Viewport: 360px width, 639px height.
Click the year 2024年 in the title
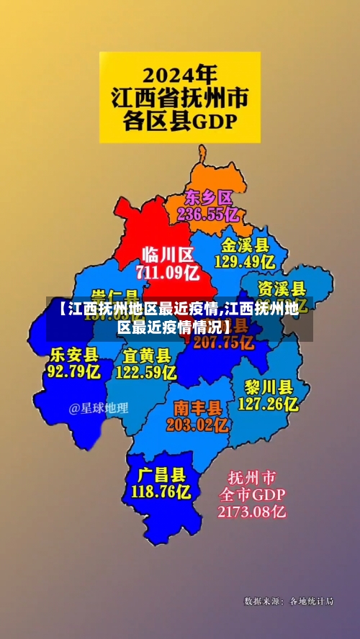click(179, 73)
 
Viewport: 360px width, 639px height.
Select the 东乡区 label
click(209, 196)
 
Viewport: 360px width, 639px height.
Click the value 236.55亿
click(208, 214)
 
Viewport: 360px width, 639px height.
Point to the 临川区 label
click(168, 254)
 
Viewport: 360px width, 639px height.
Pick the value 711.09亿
click(168, 272)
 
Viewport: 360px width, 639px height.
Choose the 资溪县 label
click(282, 289)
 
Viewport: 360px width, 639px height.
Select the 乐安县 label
click(73, 354)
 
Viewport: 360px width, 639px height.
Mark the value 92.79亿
click(73, 371)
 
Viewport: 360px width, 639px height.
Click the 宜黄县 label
click(146, 355)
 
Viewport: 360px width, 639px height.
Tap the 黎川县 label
click(268, 386)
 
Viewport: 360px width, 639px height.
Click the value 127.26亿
click(268, 404)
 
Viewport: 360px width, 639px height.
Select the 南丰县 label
click(197, 407)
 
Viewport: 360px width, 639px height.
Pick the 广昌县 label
click(161, 474)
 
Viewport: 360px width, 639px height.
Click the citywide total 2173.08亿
click(252, 512)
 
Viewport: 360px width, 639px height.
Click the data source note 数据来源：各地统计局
click(289, 601)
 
